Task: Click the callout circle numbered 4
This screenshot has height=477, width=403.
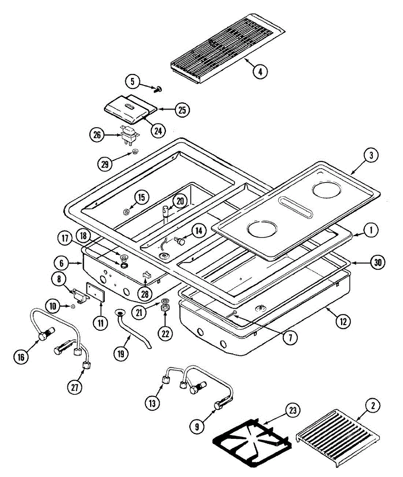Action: (x=260, y=72)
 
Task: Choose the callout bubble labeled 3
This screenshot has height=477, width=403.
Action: (x=371, y=156)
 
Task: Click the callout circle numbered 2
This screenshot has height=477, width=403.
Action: (x=372, y=406)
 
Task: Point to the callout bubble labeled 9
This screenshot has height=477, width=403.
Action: (x=197, y=427)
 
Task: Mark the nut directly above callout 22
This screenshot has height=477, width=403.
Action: (x=165, y=308)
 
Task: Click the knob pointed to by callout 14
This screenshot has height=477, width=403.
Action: (x=181, y=241)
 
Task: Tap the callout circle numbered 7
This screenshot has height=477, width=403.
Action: (x=290, y=338)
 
